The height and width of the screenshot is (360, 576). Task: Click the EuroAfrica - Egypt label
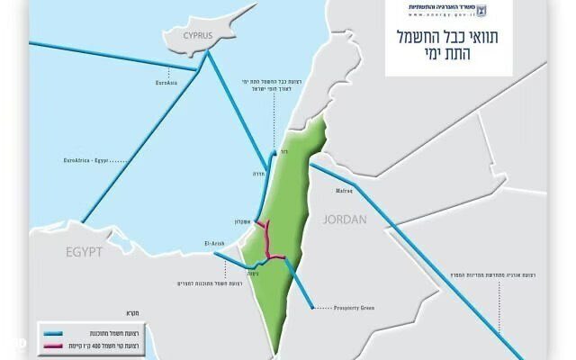pyautogui.click(x=86, y=159)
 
